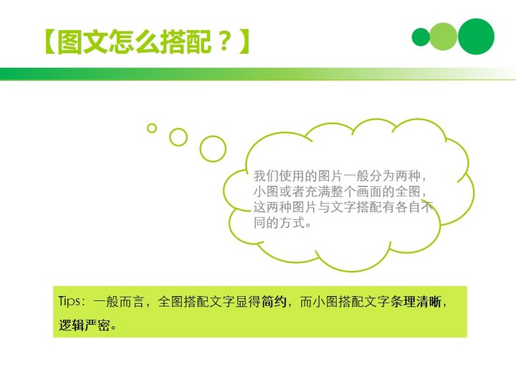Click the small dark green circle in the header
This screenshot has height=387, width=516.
pos(421,37)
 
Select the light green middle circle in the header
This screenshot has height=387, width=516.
pos(443,37)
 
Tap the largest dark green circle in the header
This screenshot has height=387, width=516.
pos(476,37)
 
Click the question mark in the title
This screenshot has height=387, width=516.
pos(225,42)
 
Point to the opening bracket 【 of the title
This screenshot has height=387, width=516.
pos(50,42)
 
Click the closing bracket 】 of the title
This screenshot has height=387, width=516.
pos(244,42)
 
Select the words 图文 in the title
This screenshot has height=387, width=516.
pos(82,42)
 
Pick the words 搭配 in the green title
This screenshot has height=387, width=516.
pos(185,42)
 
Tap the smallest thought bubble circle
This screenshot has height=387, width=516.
pos(152,128)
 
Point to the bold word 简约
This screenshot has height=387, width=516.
pos(274,302)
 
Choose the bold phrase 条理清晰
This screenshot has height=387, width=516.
pos(416,302)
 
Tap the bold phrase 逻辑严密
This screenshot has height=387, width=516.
pos(85,325)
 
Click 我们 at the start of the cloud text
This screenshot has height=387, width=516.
pos(266,176)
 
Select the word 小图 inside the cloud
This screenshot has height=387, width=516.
pos(266,192)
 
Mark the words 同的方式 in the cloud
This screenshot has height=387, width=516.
pos(279,223)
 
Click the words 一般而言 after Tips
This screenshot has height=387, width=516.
pos(118,302)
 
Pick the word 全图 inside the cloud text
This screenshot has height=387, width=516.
pos(408,192)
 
